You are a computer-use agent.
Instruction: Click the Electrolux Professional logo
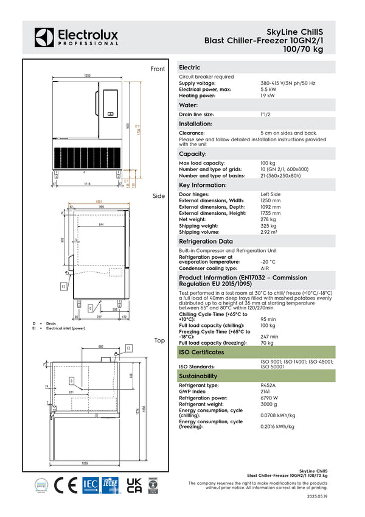pyautogui.click(x=76, y=37)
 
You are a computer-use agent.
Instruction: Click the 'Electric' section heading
pyautogui.click(x=189, y=68)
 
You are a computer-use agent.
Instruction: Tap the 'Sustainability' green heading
pyautogui.click(x=198, y=376)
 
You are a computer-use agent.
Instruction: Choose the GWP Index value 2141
pyautogui.click(x=266, y=392)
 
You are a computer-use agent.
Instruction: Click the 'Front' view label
pyautogui.click(x=158, y=69)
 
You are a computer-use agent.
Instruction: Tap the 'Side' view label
pyautogui.click(x=159, y=196)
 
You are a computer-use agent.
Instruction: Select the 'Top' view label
pyautogui.click(x=159, y=340)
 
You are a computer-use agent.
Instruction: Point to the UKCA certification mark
pyautogui.click(x=134, y=485)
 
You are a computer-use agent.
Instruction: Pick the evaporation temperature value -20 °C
pyautogui.click(x=268, y=261)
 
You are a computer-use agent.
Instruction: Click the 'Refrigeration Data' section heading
pyautogui.click(x=206, y=242)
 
